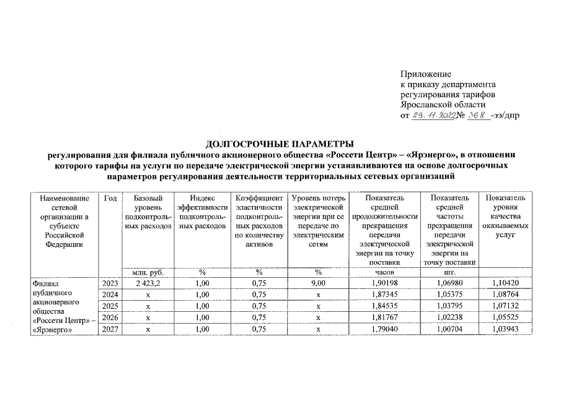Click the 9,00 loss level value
click(x=317, y=283)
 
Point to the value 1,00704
click(x=451, y=329)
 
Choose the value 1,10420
click(x=505, y=283)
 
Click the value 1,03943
click(x=505, y=329)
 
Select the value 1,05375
click(x=451, y=295)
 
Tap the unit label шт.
click(x=451, y=272)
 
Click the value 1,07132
click(x=505, y=306)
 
